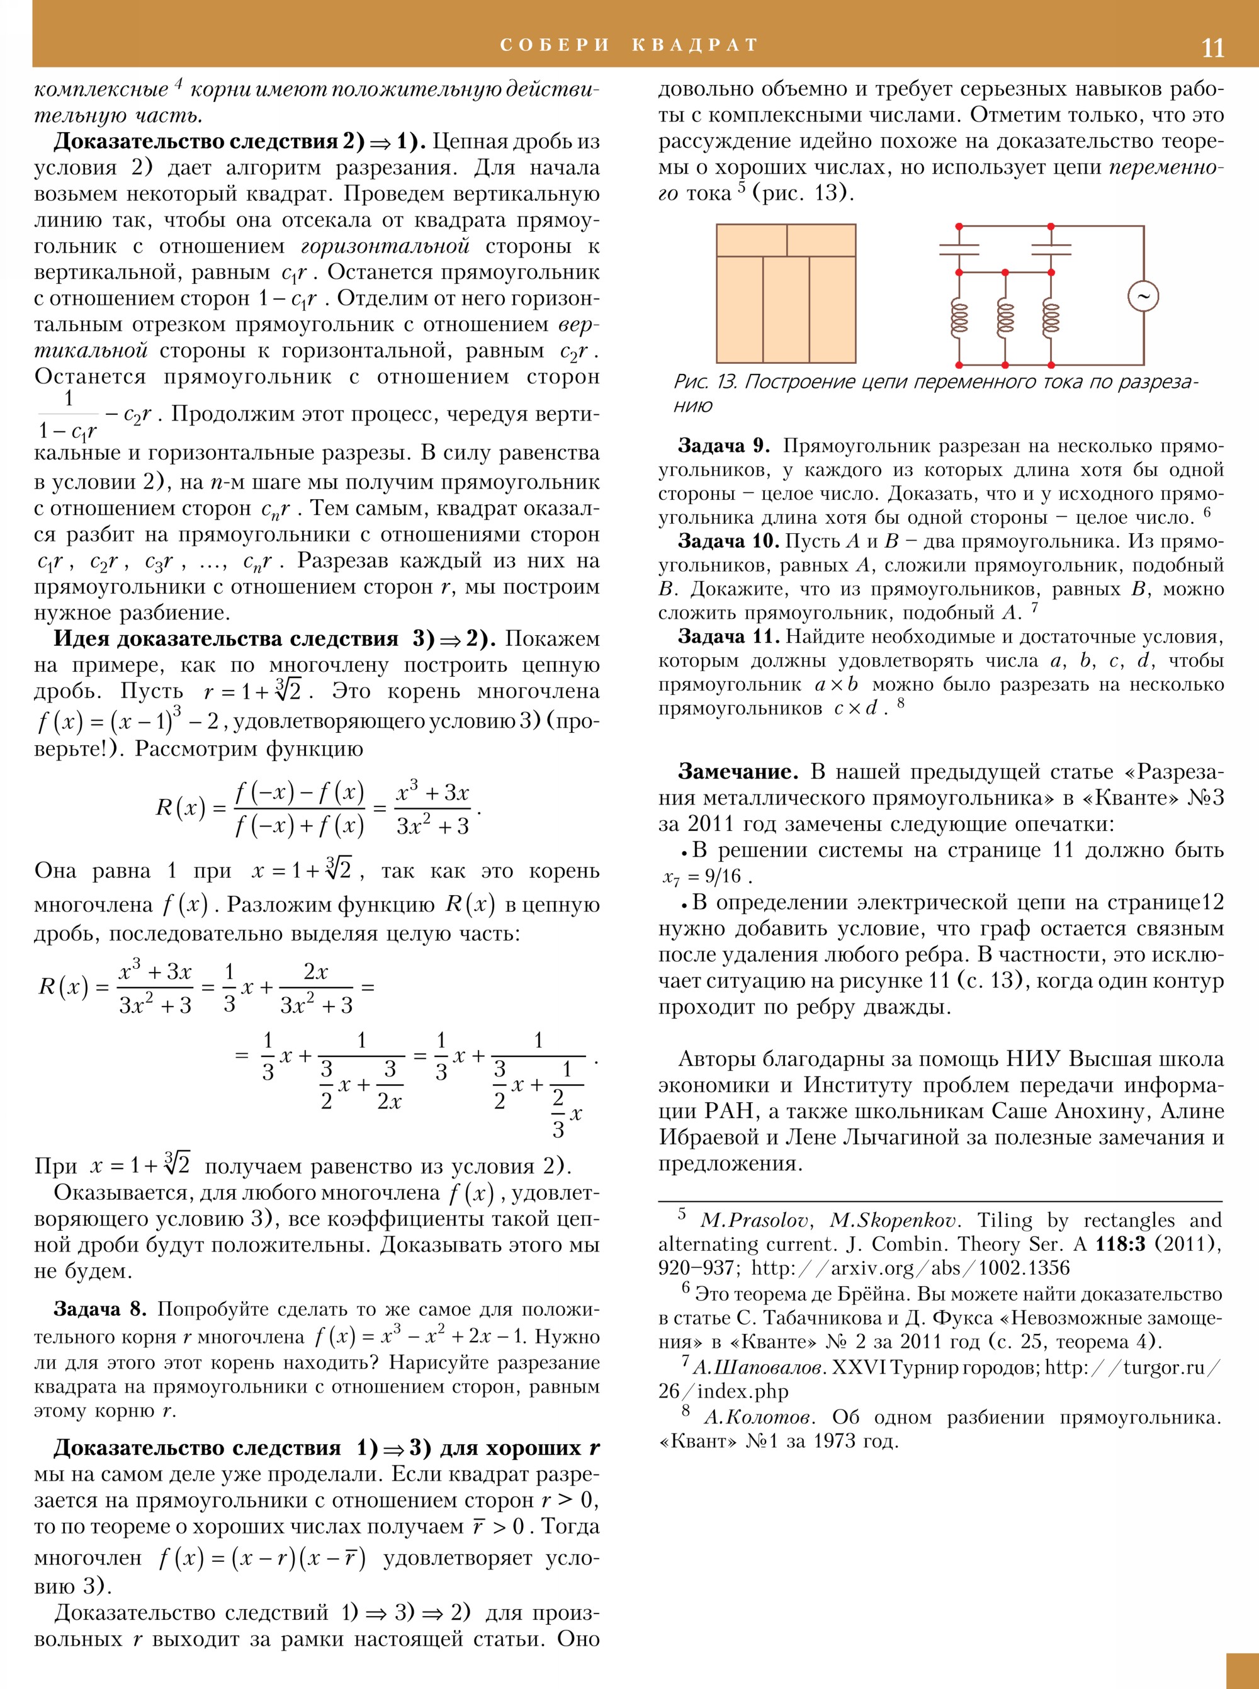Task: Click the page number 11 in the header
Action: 1212,48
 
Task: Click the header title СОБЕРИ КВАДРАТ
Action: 629,45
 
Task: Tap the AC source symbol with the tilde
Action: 1143,296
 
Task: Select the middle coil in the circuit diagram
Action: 1005,318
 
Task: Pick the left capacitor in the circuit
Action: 959,249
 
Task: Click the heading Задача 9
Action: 723,446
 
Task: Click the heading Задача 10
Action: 727,541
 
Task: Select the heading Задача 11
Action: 727,636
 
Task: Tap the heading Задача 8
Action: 99,1309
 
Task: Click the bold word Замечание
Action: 738,771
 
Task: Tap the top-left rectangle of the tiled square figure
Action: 752,240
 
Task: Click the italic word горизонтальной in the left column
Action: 385,246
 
